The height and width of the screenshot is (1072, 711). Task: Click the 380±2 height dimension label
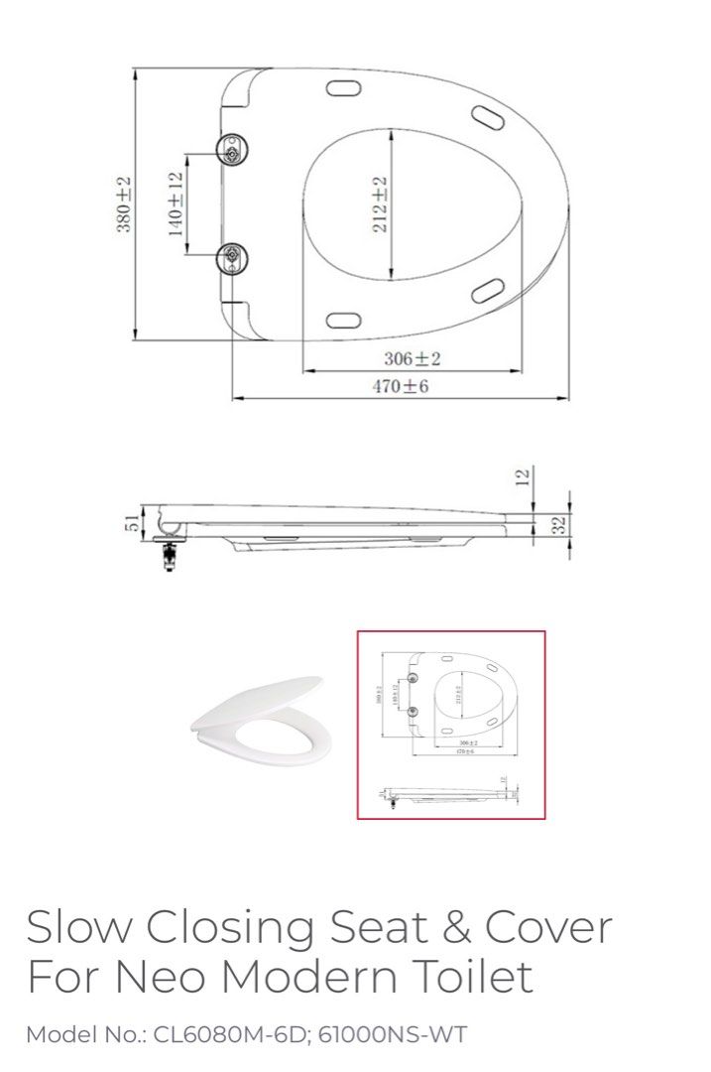124,204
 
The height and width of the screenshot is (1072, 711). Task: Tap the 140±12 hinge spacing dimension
176,204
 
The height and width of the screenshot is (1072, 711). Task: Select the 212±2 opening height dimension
380,204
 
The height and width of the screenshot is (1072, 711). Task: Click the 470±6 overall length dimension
401,386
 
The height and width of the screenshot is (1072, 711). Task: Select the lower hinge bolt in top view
233,258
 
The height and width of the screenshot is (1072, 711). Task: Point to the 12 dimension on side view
525,477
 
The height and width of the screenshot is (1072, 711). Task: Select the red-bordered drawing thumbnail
451,725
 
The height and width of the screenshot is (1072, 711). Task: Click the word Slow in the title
79,927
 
